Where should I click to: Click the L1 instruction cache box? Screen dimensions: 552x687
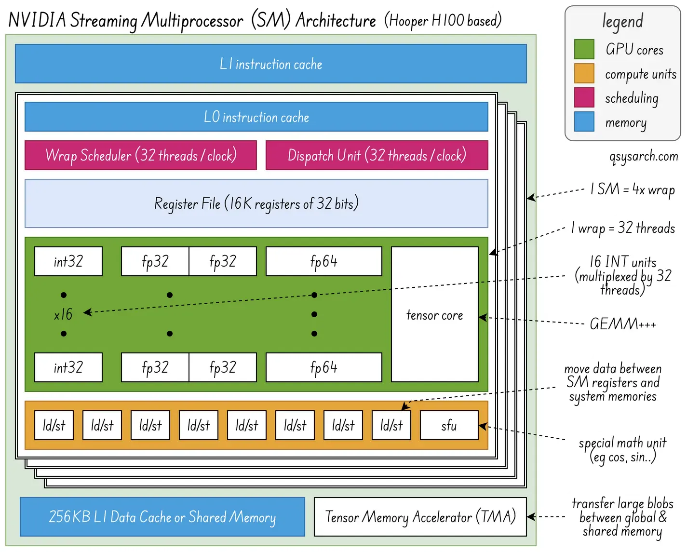pyautogui.click(x=270, y=64)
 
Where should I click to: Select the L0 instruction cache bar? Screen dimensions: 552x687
pyautogui.click(x=256, y=117)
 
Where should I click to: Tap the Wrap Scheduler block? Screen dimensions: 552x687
pyautogui.click(x=140, y=155)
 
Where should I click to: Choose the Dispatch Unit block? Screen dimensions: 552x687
pyautogui.click(x=377, y=155)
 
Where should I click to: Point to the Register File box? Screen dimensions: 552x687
pyautogui.click(x=256, y=203)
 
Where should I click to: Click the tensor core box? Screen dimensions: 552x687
pyautogui.click(x=434, y=314)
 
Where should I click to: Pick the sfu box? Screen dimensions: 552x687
pyautogui.click(x=449, y=425)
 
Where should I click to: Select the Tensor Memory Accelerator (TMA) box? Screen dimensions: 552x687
pyautogui.click(x=420, y=517)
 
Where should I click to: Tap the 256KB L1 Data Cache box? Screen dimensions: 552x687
pyautogui.click(x=162, y=517)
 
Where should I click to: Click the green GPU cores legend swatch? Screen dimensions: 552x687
pyautogui.click(x=584, y=49)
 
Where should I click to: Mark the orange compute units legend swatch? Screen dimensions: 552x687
pyautogui.click(x=584, y=73)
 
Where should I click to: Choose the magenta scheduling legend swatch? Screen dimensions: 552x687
pyautogui.click(x=584, y=97)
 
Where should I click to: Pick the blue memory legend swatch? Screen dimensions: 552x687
pyautogui.click(x=584, y=121)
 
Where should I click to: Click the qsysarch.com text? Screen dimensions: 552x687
pyautogui.click(x=644, y=156)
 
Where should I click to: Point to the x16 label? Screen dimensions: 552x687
pyautogui.click(x=63, y=314)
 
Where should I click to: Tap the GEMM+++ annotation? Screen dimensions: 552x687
pyautogui.click(x=622, y=323)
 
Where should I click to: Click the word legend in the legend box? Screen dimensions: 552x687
pyautogui.click(x=622, y=21)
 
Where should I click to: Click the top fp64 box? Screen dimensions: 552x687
pyautogui.click(x=323, y=261)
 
